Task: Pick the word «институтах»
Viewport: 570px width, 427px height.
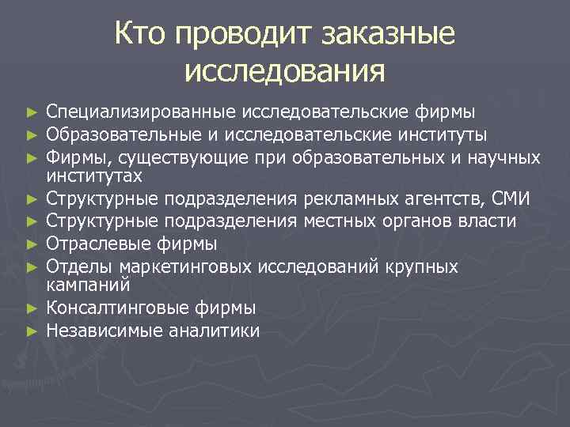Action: (x=94, y=175)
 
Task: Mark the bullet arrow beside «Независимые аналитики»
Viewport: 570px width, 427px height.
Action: (x=31, y=331)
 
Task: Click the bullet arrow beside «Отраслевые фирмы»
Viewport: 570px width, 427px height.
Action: (x=31, y=244)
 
